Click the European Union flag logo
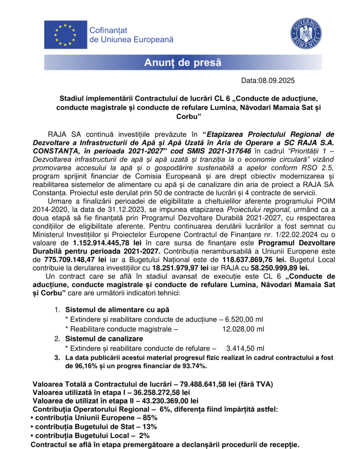pyautogui.click(x=65, y=35)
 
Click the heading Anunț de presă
pyautogui.click(x=183, y=63)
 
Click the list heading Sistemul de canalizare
pyautogui.click(x=104, y=339)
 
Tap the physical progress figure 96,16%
pyautogui.click(x=86, y=366)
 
